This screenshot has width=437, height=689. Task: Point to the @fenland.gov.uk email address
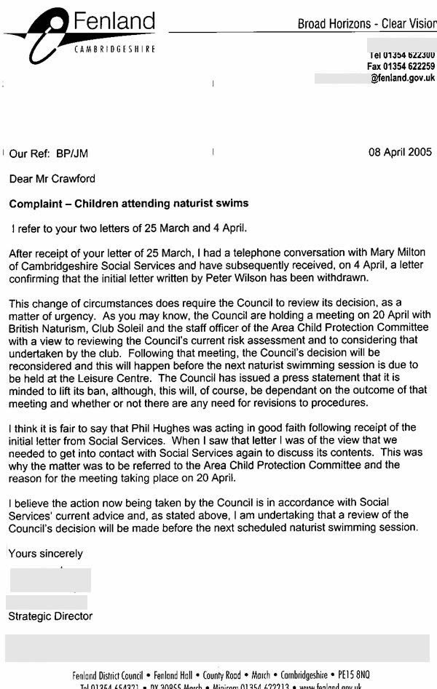point(403,78)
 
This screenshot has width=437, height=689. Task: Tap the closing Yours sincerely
point(46,554)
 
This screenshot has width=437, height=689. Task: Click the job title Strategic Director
point(51,616)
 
